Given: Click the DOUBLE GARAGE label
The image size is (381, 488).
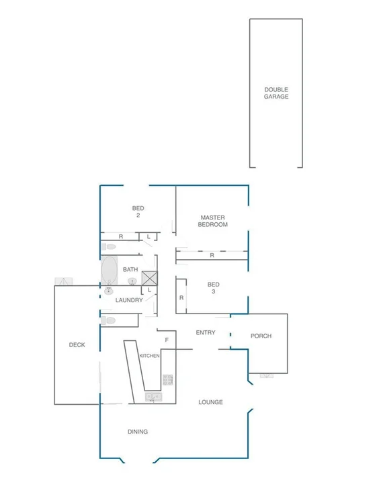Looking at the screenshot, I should [x=276, y=93].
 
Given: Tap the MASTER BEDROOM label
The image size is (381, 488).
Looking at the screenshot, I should [x=212, y=221].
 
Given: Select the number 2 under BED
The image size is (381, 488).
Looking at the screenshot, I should [x=138, y=215].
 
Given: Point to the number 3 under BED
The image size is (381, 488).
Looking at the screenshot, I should [x=213, y=291].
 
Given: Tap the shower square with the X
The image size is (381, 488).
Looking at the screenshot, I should [x=149, y=277].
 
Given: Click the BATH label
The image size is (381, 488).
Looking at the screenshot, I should [x=130, y=270].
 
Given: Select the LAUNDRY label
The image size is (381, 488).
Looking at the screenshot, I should [x=128, y=300].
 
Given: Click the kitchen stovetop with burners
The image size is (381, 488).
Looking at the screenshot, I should [x=167, y=380].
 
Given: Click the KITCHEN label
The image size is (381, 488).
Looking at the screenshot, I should [x=149, y=356].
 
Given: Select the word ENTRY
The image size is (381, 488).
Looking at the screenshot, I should [x=206, y=333].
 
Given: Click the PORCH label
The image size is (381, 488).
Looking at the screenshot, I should [x=261, y=336].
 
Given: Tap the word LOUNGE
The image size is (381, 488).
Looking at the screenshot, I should [x=210, y=402].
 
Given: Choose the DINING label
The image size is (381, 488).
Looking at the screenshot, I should [x=137, y=432].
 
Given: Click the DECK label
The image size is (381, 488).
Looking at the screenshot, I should [x=77, y=345].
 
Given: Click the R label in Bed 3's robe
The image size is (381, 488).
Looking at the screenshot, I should [x=181, y=297].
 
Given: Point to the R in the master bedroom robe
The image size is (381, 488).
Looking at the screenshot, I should [x=212, y=256].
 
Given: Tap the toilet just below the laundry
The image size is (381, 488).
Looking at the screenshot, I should [x=110, y=321].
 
